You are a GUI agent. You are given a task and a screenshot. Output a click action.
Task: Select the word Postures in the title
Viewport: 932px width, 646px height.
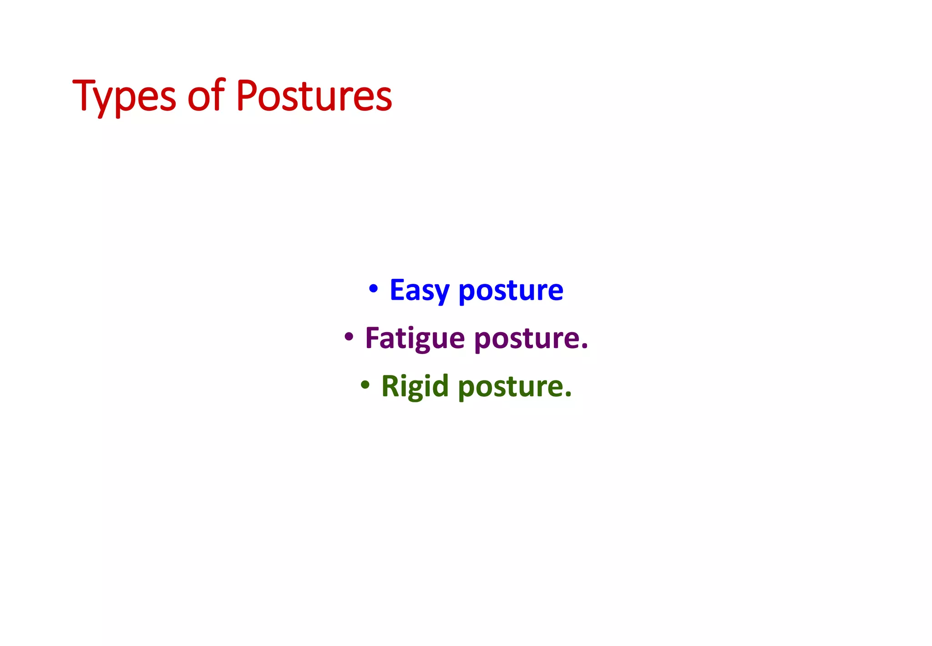pyautogui.click(x=314, y=97)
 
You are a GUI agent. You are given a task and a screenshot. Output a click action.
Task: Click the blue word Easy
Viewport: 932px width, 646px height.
pyautogui.click(x=419, y=291)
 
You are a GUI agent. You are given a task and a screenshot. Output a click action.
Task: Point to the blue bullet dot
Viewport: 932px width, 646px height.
pyautogui.click(x=373, y=288)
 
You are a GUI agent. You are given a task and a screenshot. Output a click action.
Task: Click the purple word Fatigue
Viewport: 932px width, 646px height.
pyautogui.click(x=415, y=339)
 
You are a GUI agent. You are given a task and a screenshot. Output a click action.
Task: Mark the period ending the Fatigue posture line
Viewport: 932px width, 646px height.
pyautogui.click(x=585, y=348)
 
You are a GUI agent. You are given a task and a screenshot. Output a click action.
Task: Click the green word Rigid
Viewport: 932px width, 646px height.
pyautogui.click(x=415, y=387)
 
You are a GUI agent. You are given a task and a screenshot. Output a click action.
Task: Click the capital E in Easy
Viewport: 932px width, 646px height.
pyautogui.click(x=397, y=290)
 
